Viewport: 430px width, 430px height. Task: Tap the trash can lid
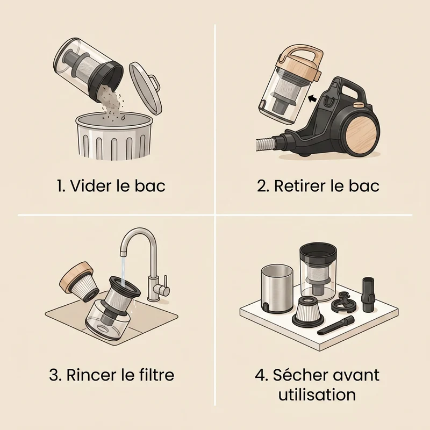(145, 88)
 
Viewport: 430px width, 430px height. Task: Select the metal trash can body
(114, 137)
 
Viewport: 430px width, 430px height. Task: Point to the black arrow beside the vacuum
(312, 98)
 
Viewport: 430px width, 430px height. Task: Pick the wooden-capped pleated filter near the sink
(78, 281)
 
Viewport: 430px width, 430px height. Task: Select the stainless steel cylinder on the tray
(276, 289)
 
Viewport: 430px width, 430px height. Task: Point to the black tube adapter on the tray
(368, 294)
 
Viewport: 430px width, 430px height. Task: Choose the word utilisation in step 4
(317, 395)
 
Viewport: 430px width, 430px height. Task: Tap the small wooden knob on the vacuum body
(358, 105)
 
